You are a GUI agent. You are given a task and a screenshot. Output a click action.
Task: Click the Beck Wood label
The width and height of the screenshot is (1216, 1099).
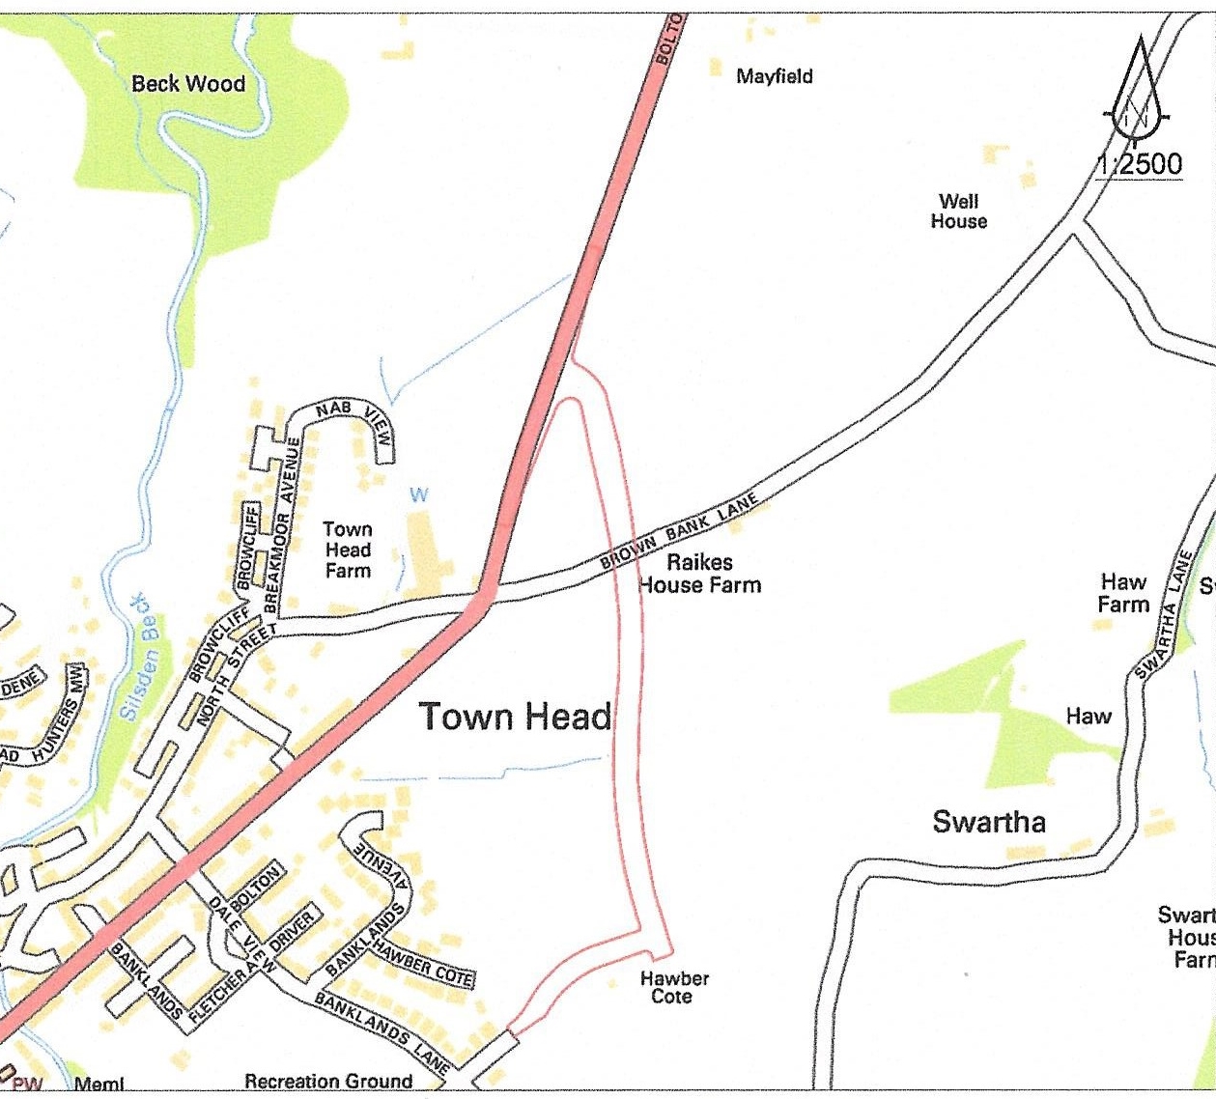point(188,84)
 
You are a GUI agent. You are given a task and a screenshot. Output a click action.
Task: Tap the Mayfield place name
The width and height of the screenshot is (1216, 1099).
point(774,76)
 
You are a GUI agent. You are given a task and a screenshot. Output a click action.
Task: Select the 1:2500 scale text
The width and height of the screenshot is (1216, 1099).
point(1140,164)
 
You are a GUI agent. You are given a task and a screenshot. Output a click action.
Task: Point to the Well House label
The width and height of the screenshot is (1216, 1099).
point(958,211)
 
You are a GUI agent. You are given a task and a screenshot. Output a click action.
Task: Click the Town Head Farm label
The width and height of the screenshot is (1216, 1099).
point(348,549)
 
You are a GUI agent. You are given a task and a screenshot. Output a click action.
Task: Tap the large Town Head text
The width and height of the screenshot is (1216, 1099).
point(515,717)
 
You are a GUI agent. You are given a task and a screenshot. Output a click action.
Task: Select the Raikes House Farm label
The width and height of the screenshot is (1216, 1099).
point(699,574)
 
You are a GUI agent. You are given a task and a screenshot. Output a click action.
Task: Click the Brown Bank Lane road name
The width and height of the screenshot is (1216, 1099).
point(678,530)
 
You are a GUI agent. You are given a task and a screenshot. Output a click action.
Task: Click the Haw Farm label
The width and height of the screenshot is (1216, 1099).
point(1123,593)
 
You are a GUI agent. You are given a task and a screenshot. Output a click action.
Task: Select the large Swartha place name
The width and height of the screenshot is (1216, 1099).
point(988,822)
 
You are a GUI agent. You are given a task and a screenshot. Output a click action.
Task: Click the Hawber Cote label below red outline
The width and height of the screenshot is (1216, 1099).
point(674,987)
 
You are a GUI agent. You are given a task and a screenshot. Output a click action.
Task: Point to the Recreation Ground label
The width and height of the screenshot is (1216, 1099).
point(328,1082)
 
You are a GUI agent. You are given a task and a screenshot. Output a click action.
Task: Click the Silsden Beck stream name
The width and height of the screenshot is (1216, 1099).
point(135,657)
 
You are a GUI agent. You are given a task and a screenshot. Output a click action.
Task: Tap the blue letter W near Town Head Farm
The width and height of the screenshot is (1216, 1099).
point(418,495)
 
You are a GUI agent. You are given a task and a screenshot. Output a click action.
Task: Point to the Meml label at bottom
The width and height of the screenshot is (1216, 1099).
point(99,1085)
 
